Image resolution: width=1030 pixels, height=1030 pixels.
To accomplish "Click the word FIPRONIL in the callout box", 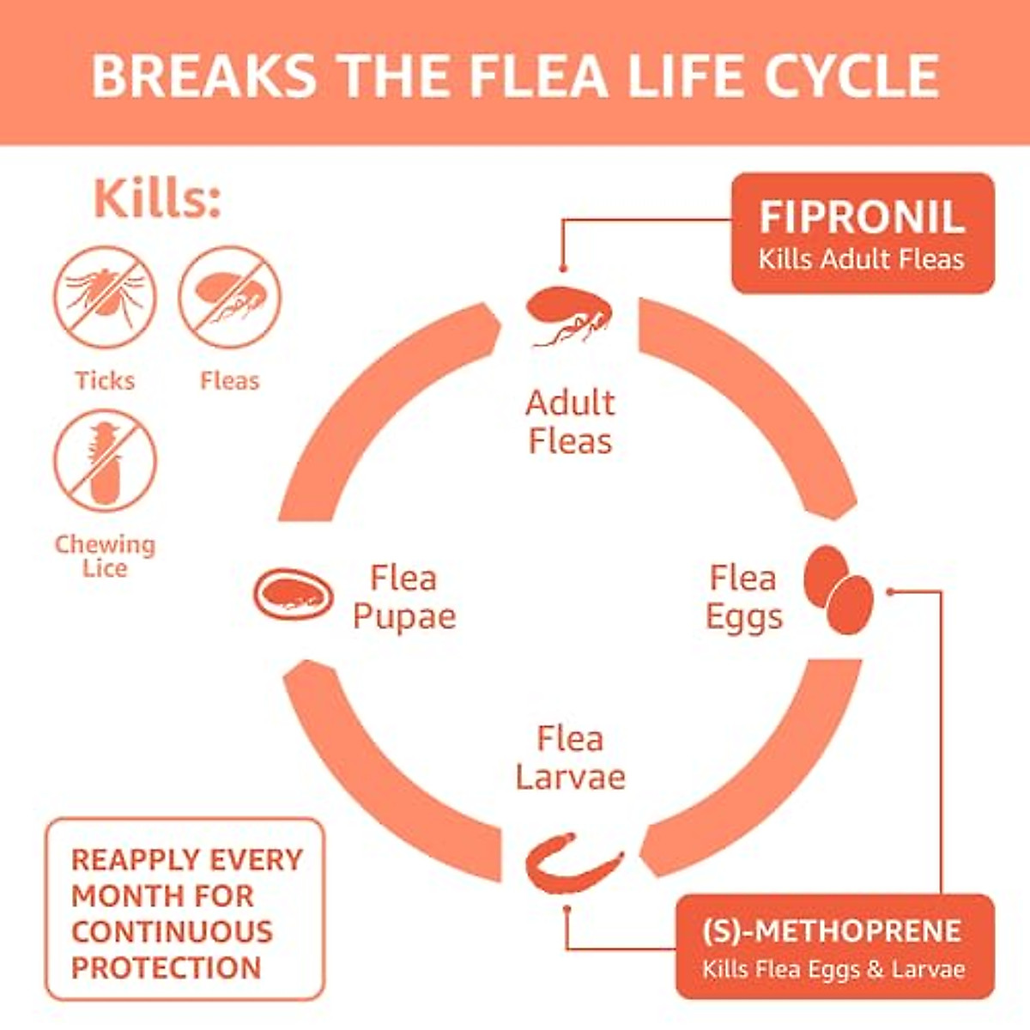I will pos(861,217).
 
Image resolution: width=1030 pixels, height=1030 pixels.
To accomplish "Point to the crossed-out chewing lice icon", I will pos(106,461).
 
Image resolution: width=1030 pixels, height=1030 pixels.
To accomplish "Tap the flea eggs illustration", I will pos(838,590).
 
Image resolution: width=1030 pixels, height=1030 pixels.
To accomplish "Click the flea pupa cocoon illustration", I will pos(294,593).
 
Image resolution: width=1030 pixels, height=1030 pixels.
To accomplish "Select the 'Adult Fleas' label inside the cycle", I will pos(570,421).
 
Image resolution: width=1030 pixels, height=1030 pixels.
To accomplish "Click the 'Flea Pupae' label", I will pos(403,597).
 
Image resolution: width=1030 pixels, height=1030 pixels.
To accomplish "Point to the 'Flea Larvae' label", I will pos(570,758).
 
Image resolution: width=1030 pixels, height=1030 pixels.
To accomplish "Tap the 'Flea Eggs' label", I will pos(743,597).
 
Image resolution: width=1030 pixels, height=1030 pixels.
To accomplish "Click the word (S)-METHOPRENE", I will pos(832,931).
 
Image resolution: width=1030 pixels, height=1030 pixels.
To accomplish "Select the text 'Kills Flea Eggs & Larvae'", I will pos(833,970).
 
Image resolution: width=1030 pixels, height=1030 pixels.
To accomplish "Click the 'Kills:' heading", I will pos(157,199).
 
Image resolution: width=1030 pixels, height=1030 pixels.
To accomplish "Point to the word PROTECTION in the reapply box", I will pos(166,967).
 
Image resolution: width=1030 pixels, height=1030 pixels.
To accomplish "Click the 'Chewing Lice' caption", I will pos(105,555).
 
